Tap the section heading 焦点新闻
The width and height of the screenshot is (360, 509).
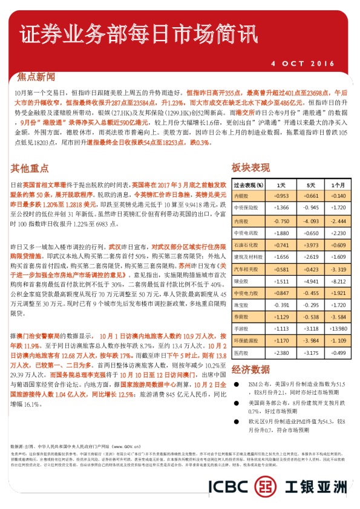coord(36,77)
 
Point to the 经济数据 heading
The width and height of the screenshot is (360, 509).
coord(250,369)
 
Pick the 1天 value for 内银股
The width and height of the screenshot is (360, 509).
coord(281,196)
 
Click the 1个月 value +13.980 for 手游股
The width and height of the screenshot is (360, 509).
coord(339,328)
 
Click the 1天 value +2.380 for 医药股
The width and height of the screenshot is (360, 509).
coord(281,352)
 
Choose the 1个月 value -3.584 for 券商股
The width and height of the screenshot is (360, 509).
coord(339,316)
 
